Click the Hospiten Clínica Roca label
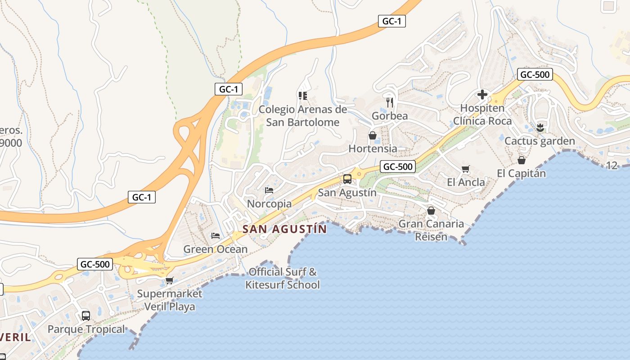coord(482,115)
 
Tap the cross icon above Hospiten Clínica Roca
coord(482,94)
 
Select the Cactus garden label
coord(540,141)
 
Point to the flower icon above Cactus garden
coord(540,127)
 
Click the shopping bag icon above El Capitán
coord(522,160)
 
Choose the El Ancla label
coord(466,182)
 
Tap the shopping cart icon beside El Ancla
coord(466,169)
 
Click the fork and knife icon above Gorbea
coord(390,102)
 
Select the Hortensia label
coord(373,148)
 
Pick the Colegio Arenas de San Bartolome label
coord(302,116)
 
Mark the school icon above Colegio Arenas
coord(302,95)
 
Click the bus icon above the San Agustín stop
coord(347,179)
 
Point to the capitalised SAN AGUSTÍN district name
coord(285,229)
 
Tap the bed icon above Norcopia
coord(269,190)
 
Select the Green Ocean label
coord(215,249)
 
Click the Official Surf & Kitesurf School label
coord(283,278)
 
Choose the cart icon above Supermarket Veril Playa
coord(170,281)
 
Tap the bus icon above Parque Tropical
coord(86,315)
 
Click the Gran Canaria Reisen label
coord(431,230)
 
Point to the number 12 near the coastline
coord(612,166)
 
